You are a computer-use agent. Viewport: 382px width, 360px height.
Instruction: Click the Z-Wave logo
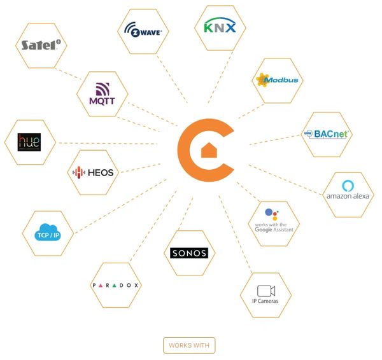pos(143,30)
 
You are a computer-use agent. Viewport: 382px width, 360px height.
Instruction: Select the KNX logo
pos(219,27)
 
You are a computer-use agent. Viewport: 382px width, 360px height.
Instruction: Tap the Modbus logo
pos(276,80)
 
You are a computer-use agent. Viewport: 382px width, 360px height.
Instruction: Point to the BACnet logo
pos(327,134)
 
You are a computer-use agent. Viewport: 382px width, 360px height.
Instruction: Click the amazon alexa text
pos(347,196)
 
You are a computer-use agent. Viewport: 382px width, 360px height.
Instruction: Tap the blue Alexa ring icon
pos(348,185)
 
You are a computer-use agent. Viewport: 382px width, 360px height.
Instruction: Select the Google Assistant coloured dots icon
pos(271,214)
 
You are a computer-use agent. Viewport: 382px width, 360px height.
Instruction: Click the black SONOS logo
pos(189,253)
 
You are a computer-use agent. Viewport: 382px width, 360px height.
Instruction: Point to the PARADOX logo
pos(115,284)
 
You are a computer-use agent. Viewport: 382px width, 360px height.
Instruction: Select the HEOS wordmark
pos(101,172)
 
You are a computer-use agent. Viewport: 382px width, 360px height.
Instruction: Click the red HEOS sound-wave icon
pos(78,172)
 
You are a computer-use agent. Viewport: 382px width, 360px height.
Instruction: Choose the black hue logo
pos(29,141)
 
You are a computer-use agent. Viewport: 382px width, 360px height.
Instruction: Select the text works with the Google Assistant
pos(273,226)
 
